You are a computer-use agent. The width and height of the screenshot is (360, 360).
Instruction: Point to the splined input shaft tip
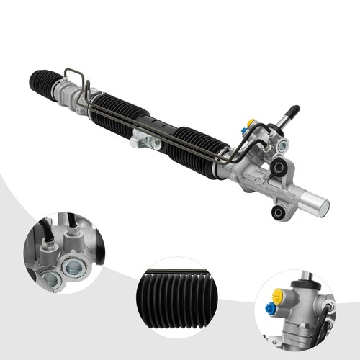click(294, 112)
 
